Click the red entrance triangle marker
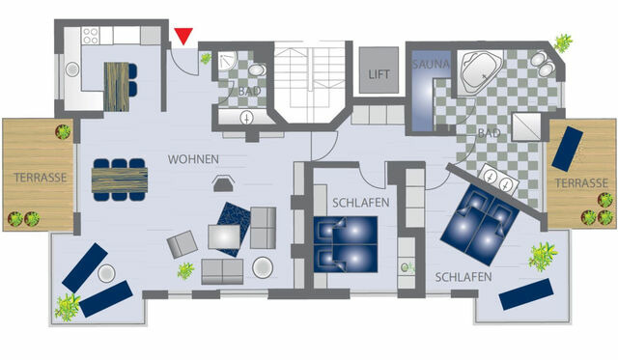183,38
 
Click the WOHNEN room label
193,159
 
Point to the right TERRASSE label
580,182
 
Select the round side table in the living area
262,266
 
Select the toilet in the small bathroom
257,72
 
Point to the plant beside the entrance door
206,59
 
